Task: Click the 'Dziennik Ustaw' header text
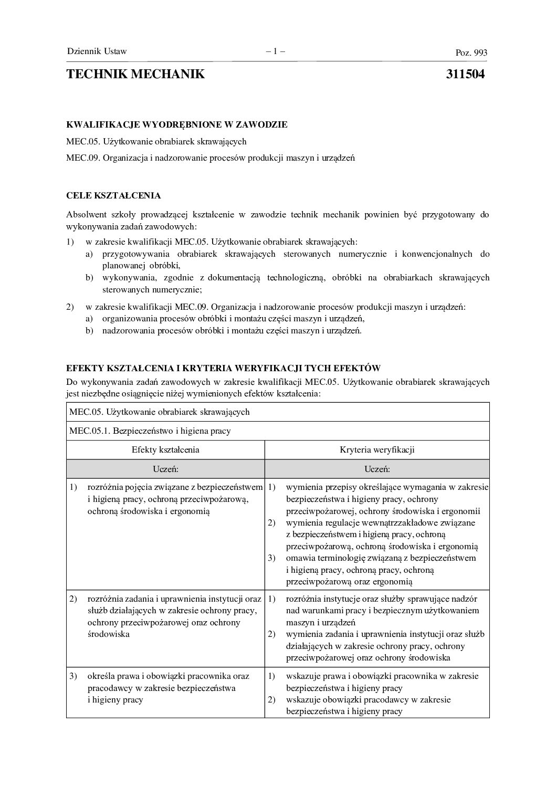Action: [x=97, y=51]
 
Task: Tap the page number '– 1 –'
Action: [x=275, y=51]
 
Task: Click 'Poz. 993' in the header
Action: [x=471, y=53]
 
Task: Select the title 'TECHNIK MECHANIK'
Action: [x=135, y=74]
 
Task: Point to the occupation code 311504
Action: [x=465, y=74]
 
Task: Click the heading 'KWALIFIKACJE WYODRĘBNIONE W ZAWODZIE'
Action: [x=177, y=124]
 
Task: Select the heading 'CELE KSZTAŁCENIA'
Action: [x=113, y=196]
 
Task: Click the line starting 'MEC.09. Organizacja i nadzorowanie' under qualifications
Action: [x=211, y=158]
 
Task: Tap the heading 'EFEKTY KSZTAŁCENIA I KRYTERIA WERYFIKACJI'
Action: [x=223, y=369]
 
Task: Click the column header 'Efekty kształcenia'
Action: [x=165, y=449]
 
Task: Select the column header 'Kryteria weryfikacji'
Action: [x=377, y=449]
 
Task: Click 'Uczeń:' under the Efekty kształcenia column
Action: [x=165, y=469]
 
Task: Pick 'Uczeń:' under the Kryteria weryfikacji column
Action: [x=377, y=469]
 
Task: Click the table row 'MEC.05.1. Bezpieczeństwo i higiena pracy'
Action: [x=150, y=431]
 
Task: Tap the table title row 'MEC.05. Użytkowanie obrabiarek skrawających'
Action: [x=160, y=412]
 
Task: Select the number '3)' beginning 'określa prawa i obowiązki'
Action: [x=74, y=676]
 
